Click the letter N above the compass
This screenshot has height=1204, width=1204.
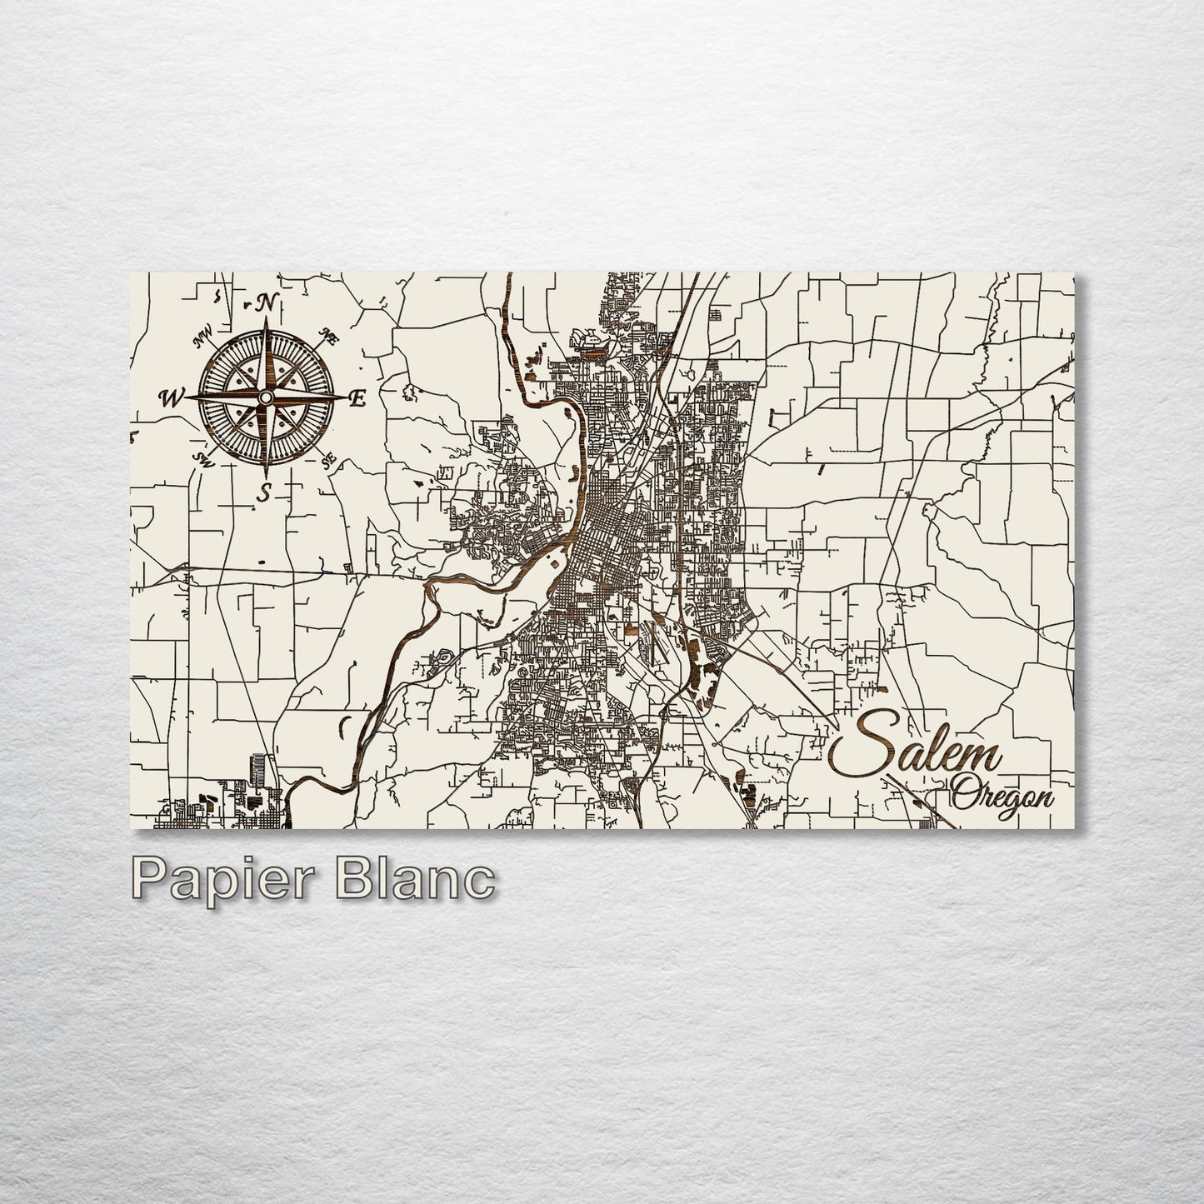point(267,303)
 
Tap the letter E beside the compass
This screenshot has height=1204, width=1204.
point(357,399)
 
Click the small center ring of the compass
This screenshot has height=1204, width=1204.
point(266,398)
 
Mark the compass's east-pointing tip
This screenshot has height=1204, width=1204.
point(344,398)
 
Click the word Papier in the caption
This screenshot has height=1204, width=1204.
point(211,881)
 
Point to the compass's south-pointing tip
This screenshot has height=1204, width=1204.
point(266,477)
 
